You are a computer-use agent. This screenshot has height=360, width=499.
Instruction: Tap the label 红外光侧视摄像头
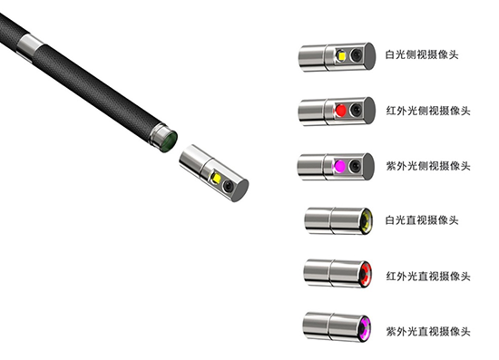427,110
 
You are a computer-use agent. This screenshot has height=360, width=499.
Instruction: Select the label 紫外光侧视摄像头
427,166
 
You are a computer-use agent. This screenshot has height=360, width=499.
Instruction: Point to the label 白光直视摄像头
423,220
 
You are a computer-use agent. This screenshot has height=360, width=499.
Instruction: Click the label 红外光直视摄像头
427,275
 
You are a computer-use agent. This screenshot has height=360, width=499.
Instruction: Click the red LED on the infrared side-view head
341,112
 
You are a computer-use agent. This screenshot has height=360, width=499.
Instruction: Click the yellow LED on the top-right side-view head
341,56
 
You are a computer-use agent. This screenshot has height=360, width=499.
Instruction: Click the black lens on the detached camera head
230,186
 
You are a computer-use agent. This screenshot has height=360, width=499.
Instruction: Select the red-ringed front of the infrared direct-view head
365,275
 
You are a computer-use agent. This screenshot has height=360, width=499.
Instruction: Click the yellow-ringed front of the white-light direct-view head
365,220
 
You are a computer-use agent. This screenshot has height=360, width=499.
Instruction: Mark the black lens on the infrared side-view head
355,112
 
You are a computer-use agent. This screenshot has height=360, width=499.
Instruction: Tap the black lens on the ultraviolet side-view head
355,168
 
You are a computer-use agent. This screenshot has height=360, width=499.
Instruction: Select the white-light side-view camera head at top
335,56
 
